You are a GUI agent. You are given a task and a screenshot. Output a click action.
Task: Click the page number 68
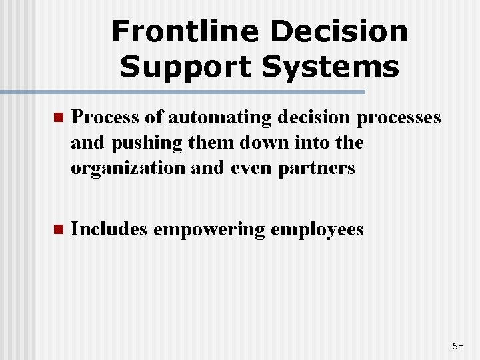point(458,345)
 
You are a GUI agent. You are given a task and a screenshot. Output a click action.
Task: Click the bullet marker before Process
point(57,118)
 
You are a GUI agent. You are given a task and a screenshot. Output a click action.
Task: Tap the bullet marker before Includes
point(57,230)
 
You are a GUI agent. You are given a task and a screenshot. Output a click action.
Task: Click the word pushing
point(138,143)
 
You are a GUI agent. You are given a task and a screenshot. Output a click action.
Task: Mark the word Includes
point(109,229)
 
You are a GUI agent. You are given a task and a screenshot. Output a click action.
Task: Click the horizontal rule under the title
point(183,91)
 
